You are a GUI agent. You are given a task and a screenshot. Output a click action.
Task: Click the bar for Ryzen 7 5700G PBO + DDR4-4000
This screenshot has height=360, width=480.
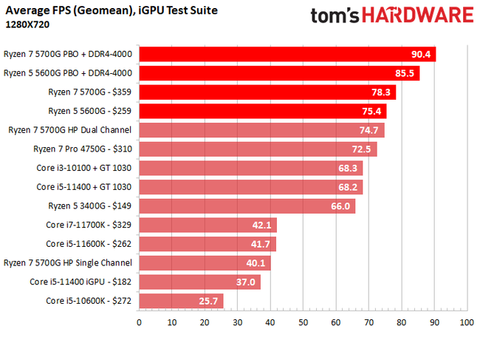[x=287, y=54]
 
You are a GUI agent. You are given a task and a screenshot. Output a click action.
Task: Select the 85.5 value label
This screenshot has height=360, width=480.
[x=405, y=73]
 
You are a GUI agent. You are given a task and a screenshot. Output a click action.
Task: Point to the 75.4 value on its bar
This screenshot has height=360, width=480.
[x=371, y=112]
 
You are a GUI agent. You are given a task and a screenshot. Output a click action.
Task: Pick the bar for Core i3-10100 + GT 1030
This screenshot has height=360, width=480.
[x=250, y=168]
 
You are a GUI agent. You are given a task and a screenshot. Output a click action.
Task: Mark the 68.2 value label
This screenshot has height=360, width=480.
[x=348, y=187]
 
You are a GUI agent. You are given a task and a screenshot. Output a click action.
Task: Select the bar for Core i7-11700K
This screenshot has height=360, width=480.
[x=208, y=225]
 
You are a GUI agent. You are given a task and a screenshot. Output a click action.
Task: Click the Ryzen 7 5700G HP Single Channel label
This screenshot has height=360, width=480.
[x=68, y=262]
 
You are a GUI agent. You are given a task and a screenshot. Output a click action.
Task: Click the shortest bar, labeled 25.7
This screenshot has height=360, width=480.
[x=181, y=301]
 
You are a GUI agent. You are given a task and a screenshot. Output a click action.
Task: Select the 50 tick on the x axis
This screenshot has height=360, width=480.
[x=303, y=322]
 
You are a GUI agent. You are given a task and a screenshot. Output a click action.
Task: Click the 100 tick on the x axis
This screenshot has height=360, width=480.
[x=466, y=322]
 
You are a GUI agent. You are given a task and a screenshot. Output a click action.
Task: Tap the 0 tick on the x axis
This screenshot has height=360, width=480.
[x=139, y=322]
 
